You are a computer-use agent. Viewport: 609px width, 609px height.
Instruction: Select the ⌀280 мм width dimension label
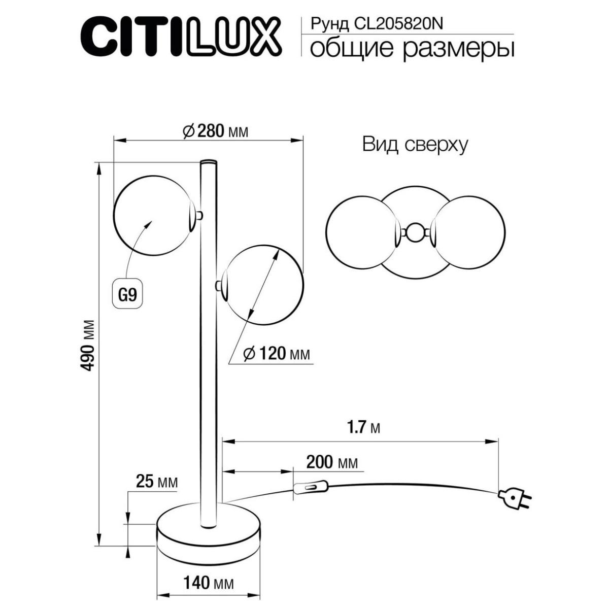[x=216, y=131]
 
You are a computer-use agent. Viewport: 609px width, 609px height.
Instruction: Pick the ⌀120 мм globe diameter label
[x=277, y=353]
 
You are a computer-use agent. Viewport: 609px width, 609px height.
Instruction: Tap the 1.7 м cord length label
[x=363, y=428]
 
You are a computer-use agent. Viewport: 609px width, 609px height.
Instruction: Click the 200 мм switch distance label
[x=332, y=462]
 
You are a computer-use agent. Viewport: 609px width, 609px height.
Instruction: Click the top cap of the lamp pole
[x=209, y=162]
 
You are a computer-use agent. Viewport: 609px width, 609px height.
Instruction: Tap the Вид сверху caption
[x=415, y=145]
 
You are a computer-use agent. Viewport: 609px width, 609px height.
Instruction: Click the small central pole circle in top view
[x=415, y=232]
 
